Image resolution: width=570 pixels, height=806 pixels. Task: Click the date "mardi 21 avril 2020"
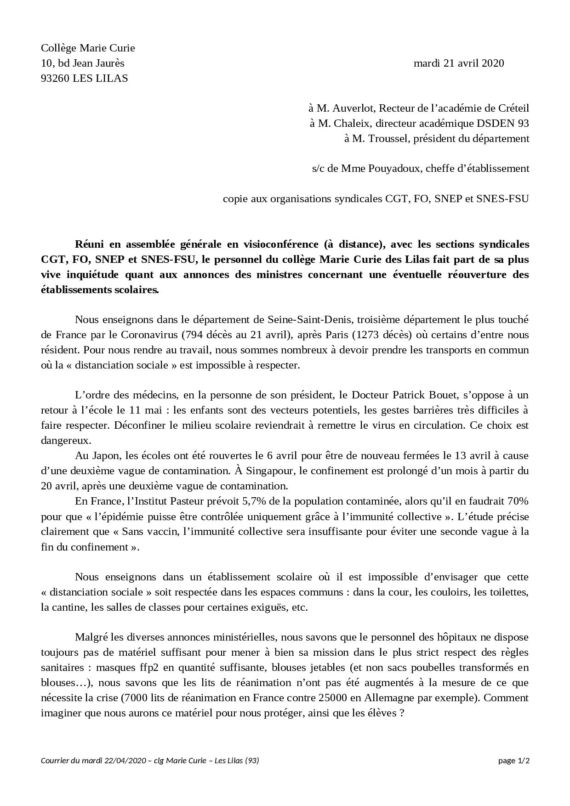tap(458, 63)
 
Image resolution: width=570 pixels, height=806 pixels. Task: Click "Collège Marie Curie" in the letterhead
tap(88, 48)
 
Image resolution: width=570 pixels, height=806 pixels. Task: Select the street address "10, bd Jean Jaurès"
tap(82, 63)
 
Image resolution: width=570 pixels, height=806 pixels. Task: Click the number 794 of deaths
tap(190, 335)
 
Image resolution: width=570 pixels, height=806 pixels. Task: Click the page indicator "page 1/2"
tap(514, 761)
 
